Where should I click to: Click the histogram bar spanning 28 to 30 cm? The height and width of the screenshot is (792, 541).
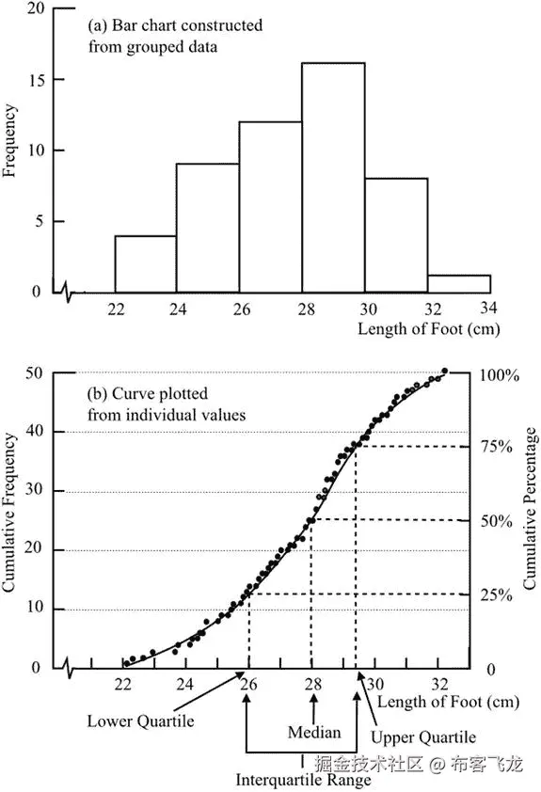(x=333, y=179)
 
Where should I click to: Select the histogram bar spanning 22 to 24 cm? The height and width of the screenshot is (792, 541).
(x=145, y=264)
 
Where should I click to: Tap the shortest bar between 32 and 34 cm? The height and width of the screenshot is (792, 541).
(x=459, y=284)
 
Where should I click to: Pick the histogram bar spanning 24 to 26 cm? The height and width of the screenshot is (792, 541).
(x=208, y=229)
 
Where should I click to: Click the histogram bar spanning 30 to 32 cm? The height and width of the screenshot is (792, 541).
(x=396, y=235)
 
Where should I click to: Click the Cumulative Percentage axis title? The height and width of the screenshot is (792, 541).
(x=530, y=508)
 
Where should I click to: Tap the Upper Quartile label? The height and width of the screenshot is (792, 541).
(x=422, y=737)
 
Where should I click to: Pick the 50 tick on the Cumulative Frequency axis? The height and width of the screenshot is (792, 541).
(x=34, y=373)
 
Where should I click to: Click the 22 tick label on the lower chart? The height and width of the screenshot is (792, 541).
(x=124, y=685)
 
